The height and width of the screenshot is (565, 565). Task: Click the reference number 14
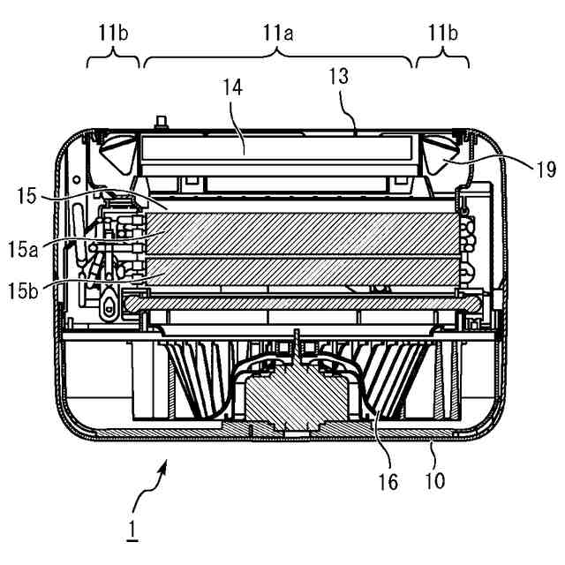233,88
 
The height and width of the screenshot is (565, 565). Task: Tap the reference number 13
339,77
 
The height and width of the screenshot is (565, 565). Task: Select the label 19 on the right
546,169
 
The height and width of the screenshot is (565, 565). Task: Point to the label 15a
23,250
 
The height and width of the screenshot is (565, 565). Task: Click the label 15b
23,291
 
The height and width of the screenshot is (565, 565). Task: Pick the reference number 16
388,482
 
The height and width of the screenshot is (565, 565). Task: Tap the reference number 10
435,480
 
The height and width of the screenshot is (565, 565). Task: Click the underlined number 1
132,530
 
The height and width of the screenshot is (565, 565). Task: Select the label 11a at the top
278,34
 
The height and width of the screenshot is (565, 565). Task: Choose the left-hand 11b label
113,34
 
